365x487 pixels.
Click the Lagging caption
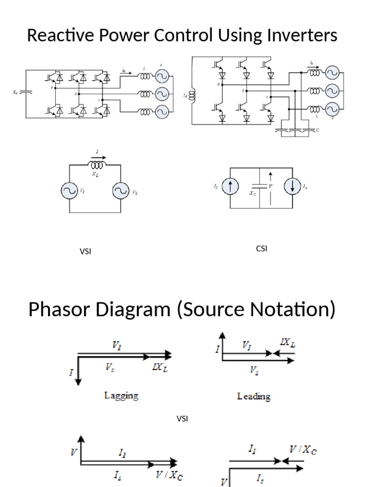(121, 395)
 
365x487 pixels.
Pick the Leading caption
(253, 396)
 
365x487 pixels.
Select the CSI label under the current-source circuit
(261, 248)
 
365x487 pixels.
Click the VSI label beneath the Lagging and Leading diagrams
(182, 419)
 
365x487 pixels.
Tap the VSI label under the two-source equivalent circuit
(85, 251)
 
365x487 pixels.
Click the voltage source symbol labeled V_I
(69, 191)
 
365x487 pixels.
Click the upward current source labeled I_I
(230, 187)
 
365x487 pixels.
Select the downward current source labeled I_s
(292, 187)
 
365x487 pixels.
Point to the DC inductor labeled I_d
(192, 96)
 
